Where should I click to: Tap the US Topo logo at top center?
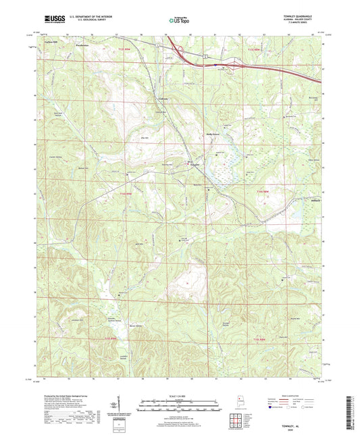pyautogui.click(x=179, y=21)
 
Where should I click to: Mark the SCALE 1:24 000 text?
pyautogui.click(x=179, y=395)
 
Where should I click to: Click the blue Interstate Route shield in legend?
pyautogui.click(x=272, y=407)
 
